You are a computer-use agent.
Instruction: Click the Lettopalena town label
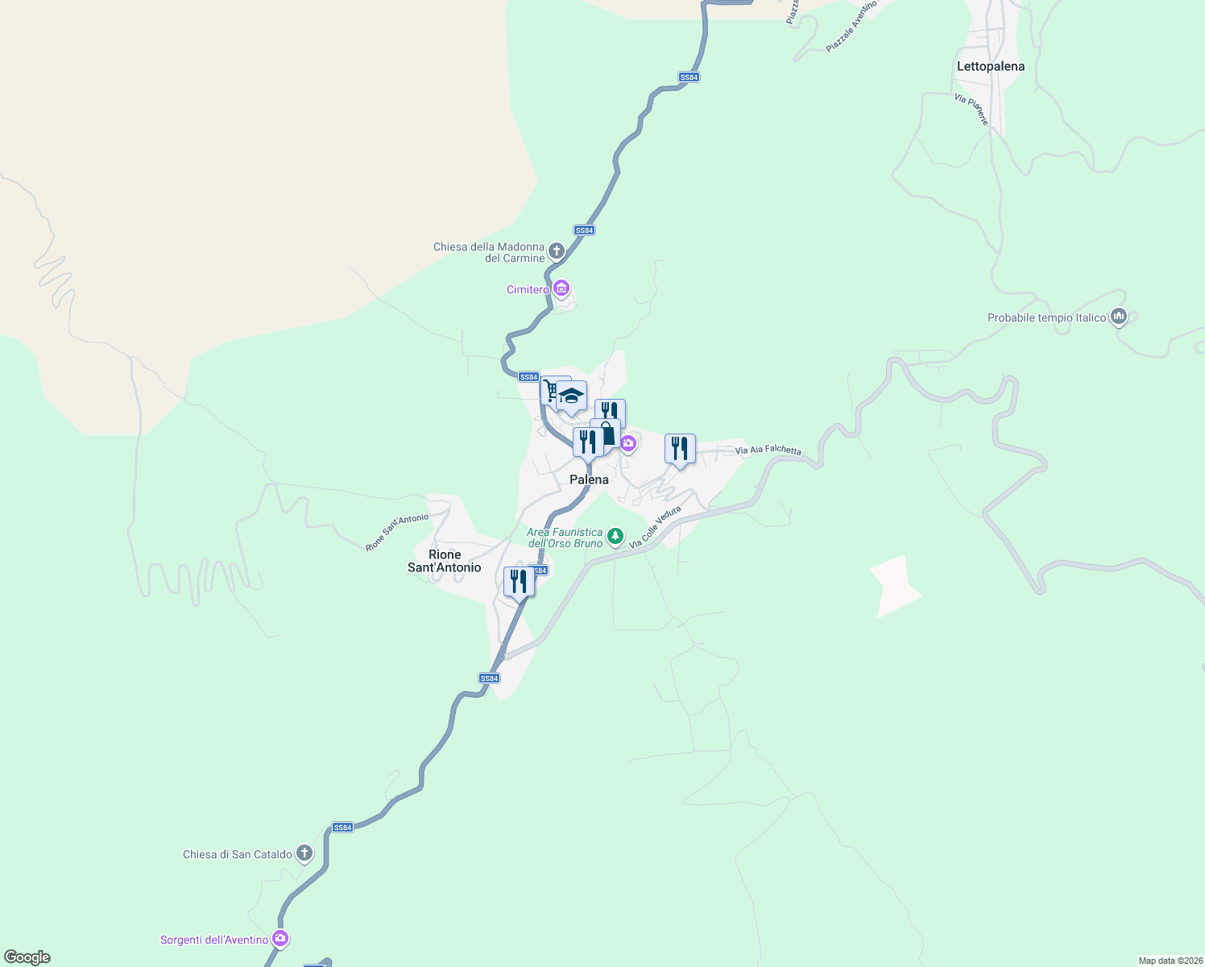[991, 66]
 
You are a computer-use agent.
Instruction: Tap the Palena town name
[589, 479]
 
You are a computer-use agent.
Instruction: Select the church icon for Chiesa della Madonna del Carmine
[556, 251]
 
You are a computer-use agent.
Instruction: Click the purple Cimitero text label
[528, 289]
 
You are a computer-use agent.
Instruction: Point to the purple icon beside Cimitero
[561, 288]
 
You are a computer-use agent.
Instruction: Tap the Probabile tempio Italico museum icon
[1118, 317]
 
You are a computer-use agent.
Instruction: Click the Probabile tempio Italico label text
[1046, 317]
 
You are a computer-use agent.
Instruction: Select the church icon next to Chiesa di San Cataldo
[304, 853]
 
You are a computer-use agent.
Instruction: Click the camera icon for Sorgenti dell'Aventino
[280, 939]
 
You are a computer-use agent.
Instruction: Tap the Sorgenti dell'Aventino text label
[214, 940]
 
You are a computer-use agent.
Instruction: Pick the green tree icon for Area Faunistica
[615, 536]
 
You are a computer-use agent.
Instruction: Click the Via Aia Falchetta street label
[768, 450]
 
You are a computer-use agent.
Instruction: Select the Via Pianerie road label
[971, 110]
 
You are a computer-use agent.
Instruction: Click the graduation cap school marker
[571, 396]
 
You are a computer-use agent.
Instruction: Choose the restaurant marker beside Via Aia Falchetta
[680, 449]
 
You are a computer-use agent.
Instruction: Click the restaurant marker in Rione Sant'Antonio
[519, 581]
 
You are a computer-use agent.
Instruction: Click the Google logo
[27, 957]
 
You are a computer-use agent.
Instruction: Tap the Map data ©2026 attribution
[1170, 961]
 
